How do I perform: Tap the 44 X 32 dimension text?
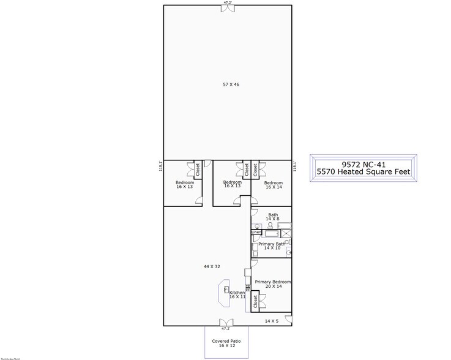[211, 267]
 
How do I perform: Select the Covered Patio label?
[226, 341]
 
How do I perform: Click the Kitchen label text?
[237, 293]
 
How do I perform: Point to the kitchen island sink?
[225, 290]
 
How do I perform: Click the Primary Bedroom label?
[272, 282]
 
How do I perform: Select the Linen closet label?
[256, 233]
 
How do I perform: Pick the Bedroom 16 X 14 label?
[273, 185]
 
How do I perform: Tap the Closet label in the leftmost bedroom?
[198, 169]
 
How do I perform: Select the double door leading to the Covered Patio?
[226, 323]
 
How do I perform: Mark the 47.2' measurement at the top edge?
[226, 2]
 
